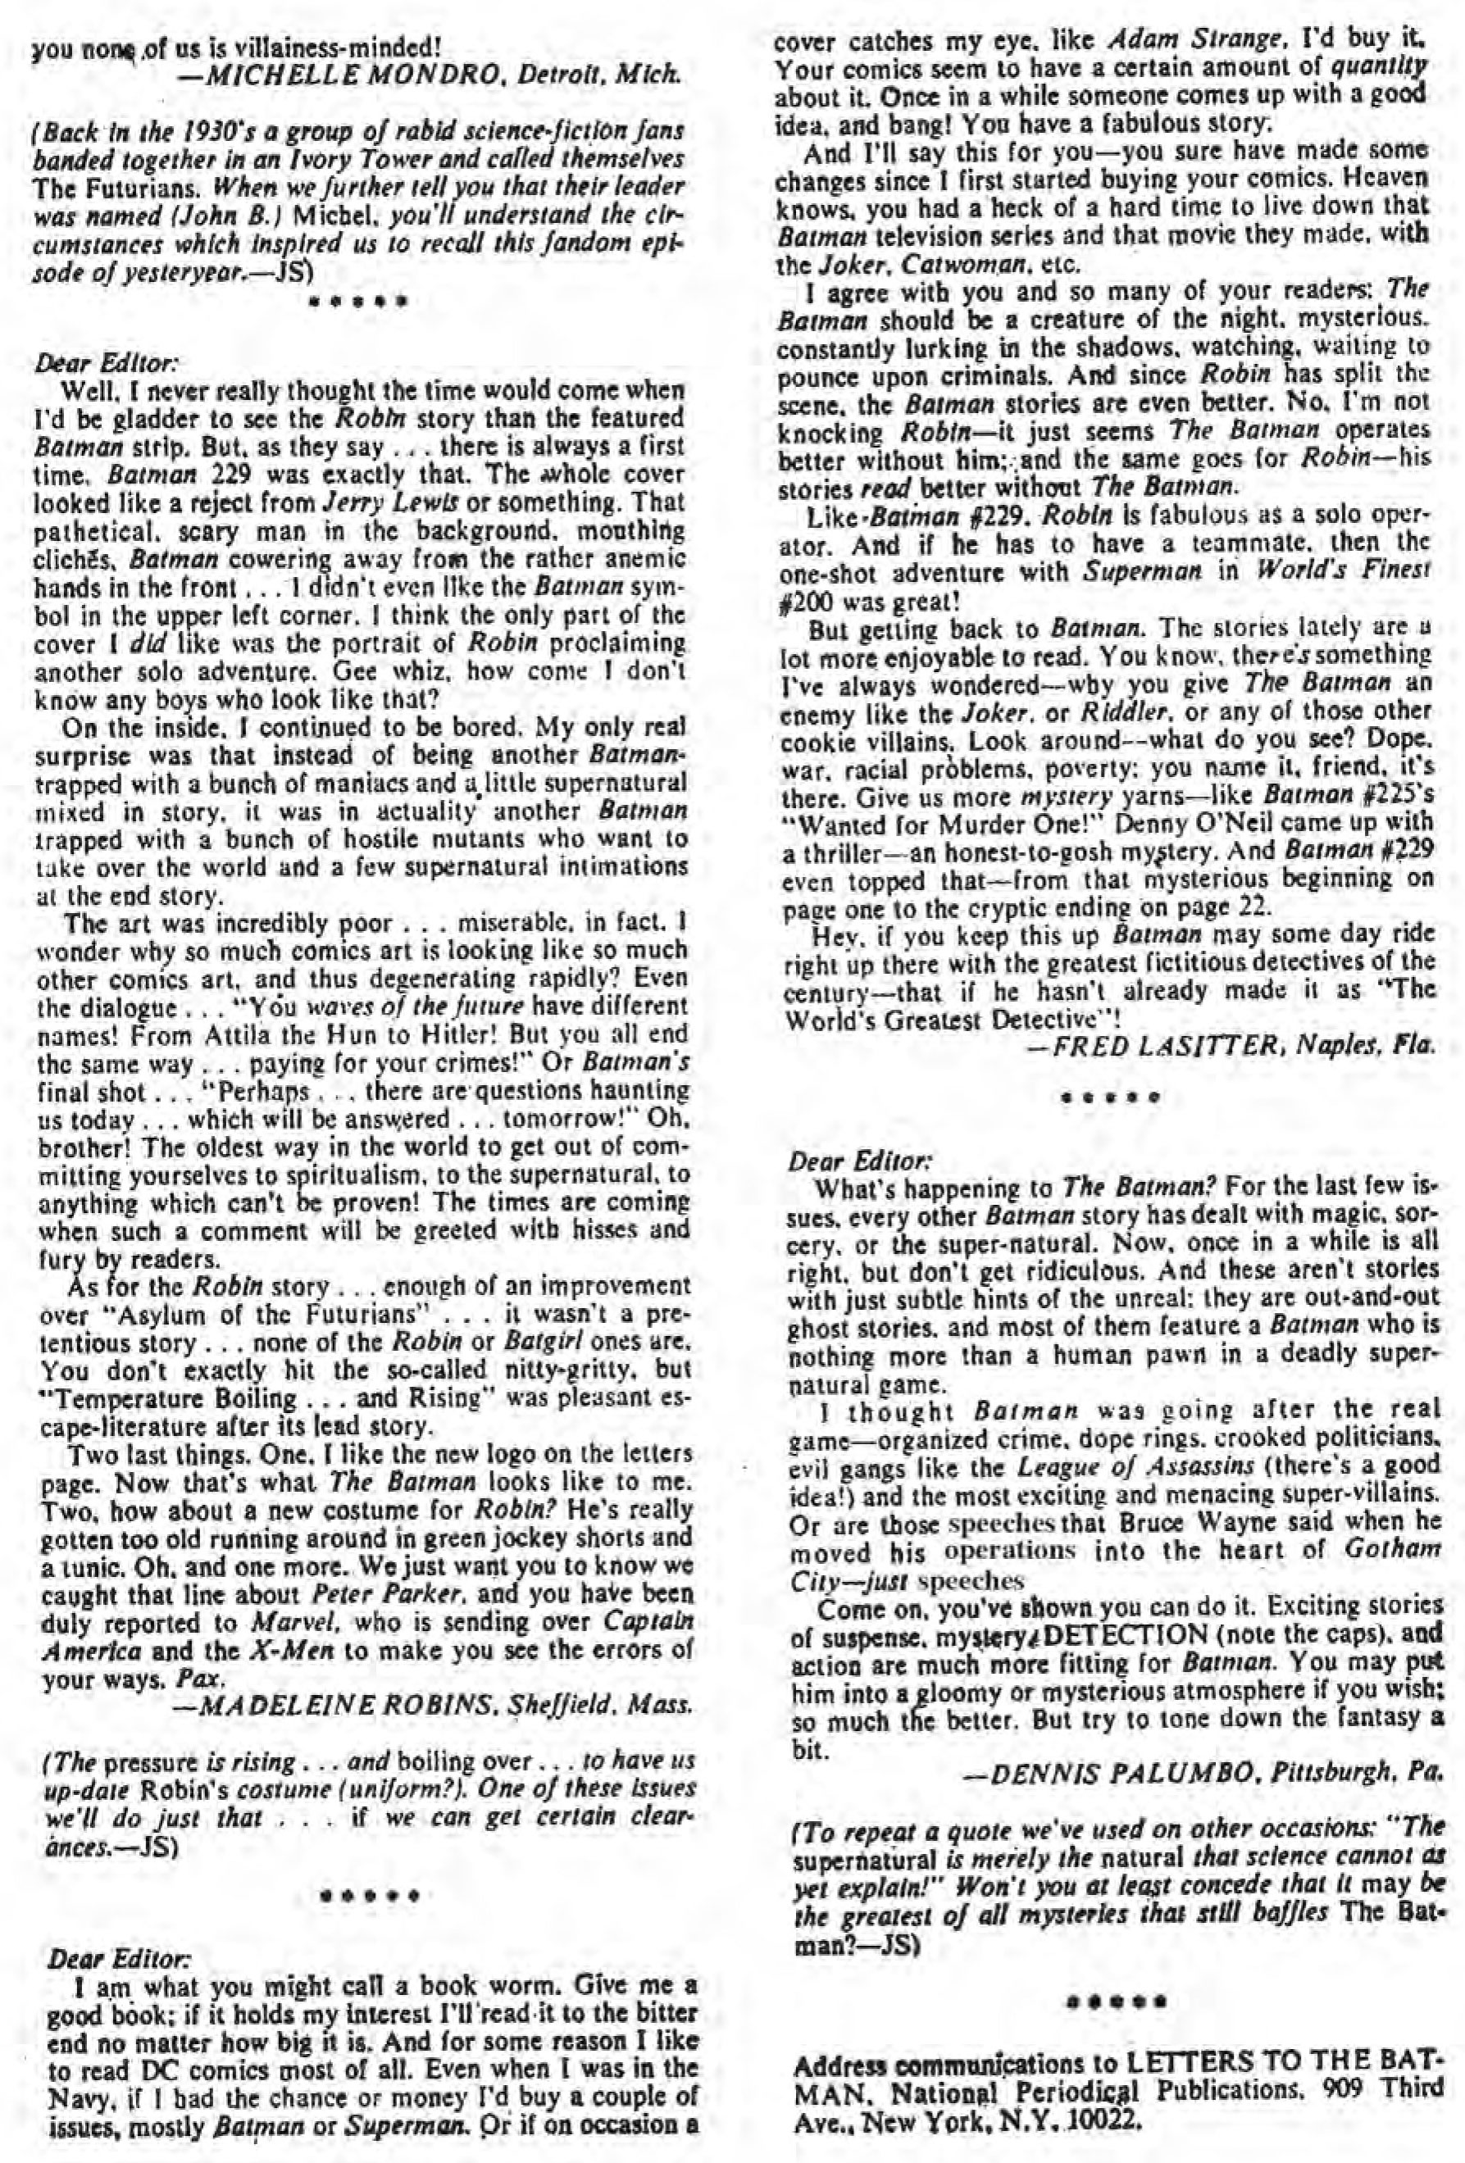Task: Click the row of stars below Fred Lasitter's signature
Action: click(x=1110, y=1097)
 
